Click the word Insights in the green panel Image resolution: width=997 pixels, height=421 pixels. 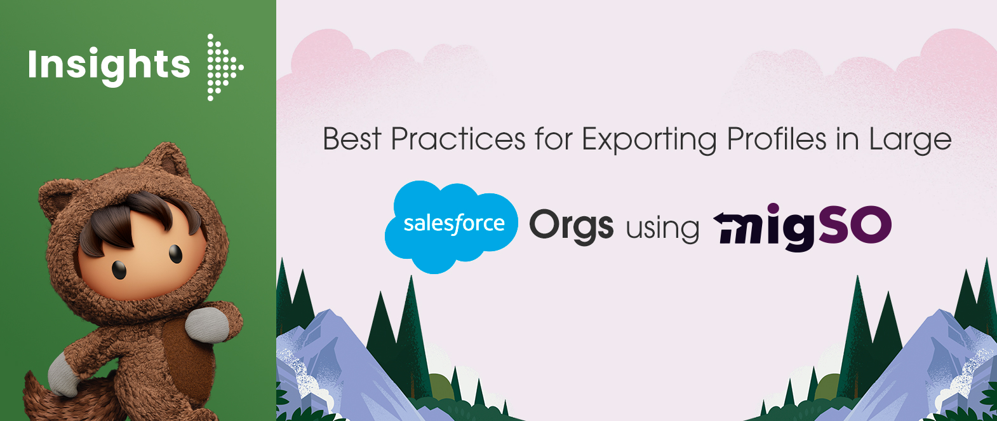click(x=109, y=66)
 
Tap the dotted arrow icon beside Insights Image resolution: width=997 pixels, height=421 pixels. click(x=225, y=67)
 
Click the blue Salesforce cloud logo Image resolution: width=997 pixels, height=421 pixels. click(x=452, y=226)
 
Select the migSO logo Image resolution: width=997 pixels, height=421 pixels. click(x=802, y=227)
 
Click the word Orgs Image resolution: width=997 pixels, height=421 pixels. click(x=572, y=226)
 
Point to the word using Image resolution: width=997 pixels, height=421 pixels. click(x=663, y=229)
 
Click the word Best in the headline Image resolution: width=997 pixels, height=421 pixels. click(x=352, y=139)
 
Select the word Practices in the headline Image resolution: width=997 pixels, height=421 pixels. click(x=458, y=139)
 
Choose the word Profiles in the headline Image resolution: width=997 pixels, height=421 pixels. click(x=777, y=139)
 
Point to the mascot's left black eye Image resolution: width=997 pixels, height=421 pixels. click(x=118, y=270)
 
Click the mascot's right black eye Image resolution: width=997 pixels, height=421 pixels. click(x=175, y=254)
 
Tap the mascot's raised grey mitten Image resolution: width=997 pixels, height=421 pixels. click(x=207, y=324)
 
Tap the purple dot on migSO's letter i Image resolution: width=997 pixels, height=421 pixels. click(x=773, y=209)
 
